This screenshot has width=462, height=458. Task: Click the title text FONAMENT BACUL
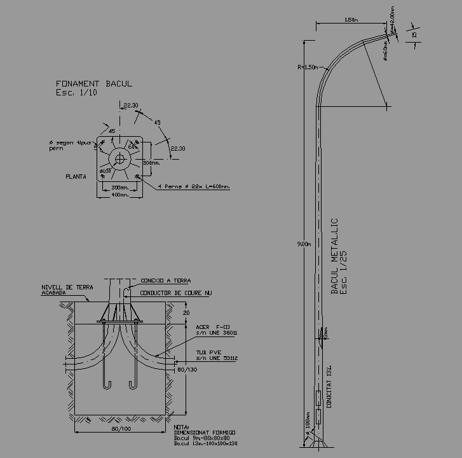[94, 83]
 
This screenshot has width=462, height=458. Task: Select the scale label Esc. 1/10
[76, 92]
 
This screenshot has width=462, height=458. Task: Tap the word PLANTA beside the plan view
[76, 176]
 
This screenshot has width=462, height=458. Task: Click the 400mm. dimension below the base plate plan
[119, 195]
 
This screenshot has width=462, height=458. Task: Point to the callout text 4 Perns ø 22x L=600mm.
[193, 186]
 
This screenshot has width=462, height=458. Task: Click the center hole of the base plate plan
[119, 158]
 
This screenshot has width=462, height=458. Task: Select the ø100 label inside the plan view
[105, 170]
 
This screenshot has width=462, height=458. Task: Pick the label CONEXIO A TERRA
[165, 281]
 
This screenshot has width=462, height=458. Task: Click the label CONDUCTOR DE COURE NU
[175, 293]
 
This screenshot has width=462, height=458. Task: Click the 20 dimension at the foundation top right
[186, 312]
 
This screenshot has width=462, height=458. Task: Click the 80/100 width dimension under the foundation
[120, 429]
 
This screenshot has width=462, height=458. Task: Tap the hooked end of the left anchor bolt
[107, 384]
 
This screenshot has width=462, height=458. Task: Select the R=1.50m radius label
[306, 67]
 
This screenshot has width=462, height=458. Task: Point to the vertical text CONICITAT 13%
[329, 386]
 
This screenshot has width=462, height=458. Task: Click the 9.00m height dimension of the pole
[304, 244]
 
